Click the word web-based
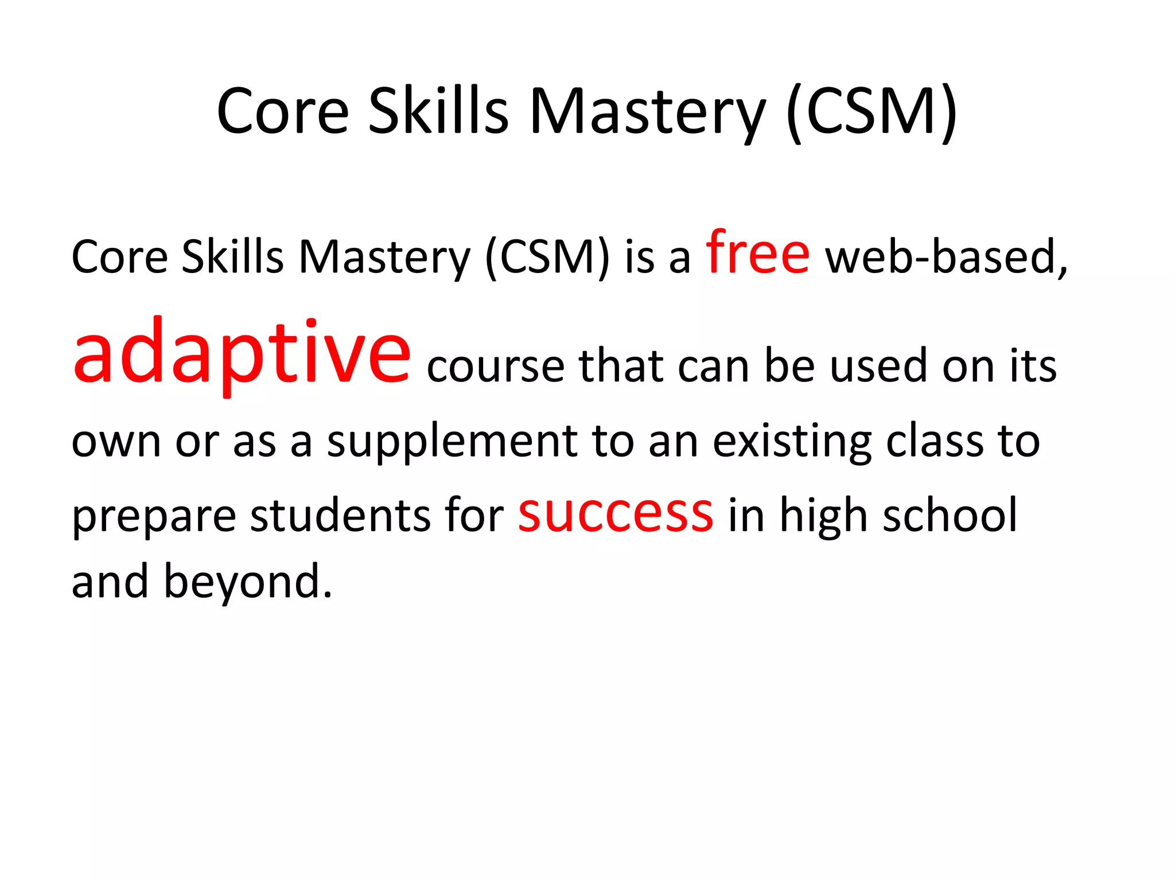point(946,256)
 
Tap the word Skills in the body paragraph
point(232,256)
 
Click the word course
point(496,366)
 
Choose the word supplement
point(452,442)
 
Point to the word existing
point(792,442)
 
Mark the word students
point(340,515)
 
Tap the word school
point(950,515)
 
